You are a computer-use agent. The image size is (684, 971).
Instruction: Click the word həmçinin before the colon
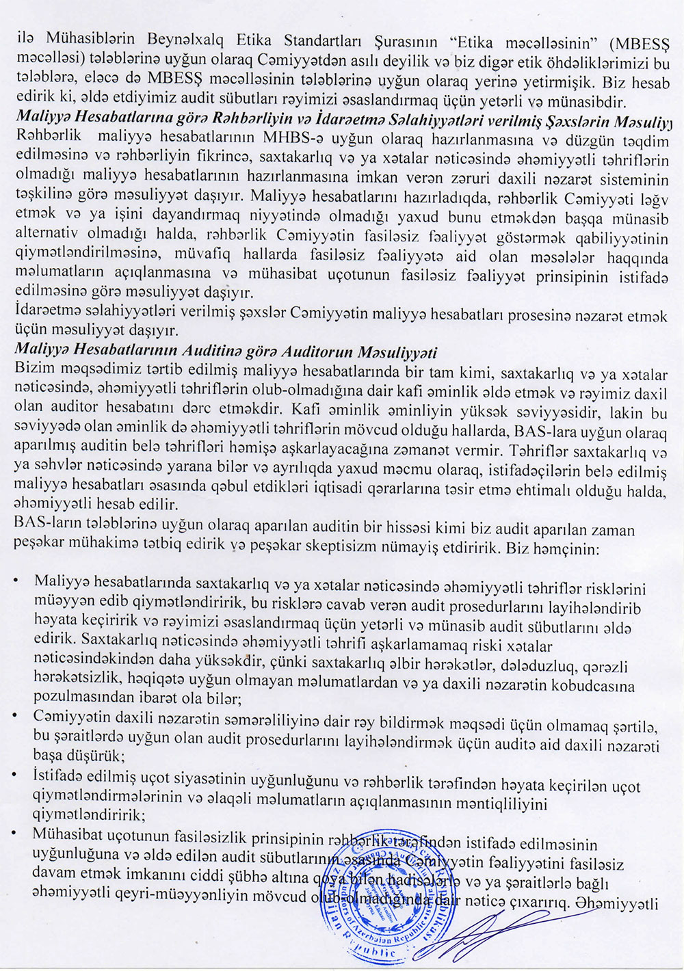pyautogui.click(x=564, y=548)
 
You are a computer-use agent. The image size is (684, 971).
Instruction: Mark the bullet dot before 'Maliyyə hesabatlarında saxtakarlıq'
pyautogui.click(x=16, y=581)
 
